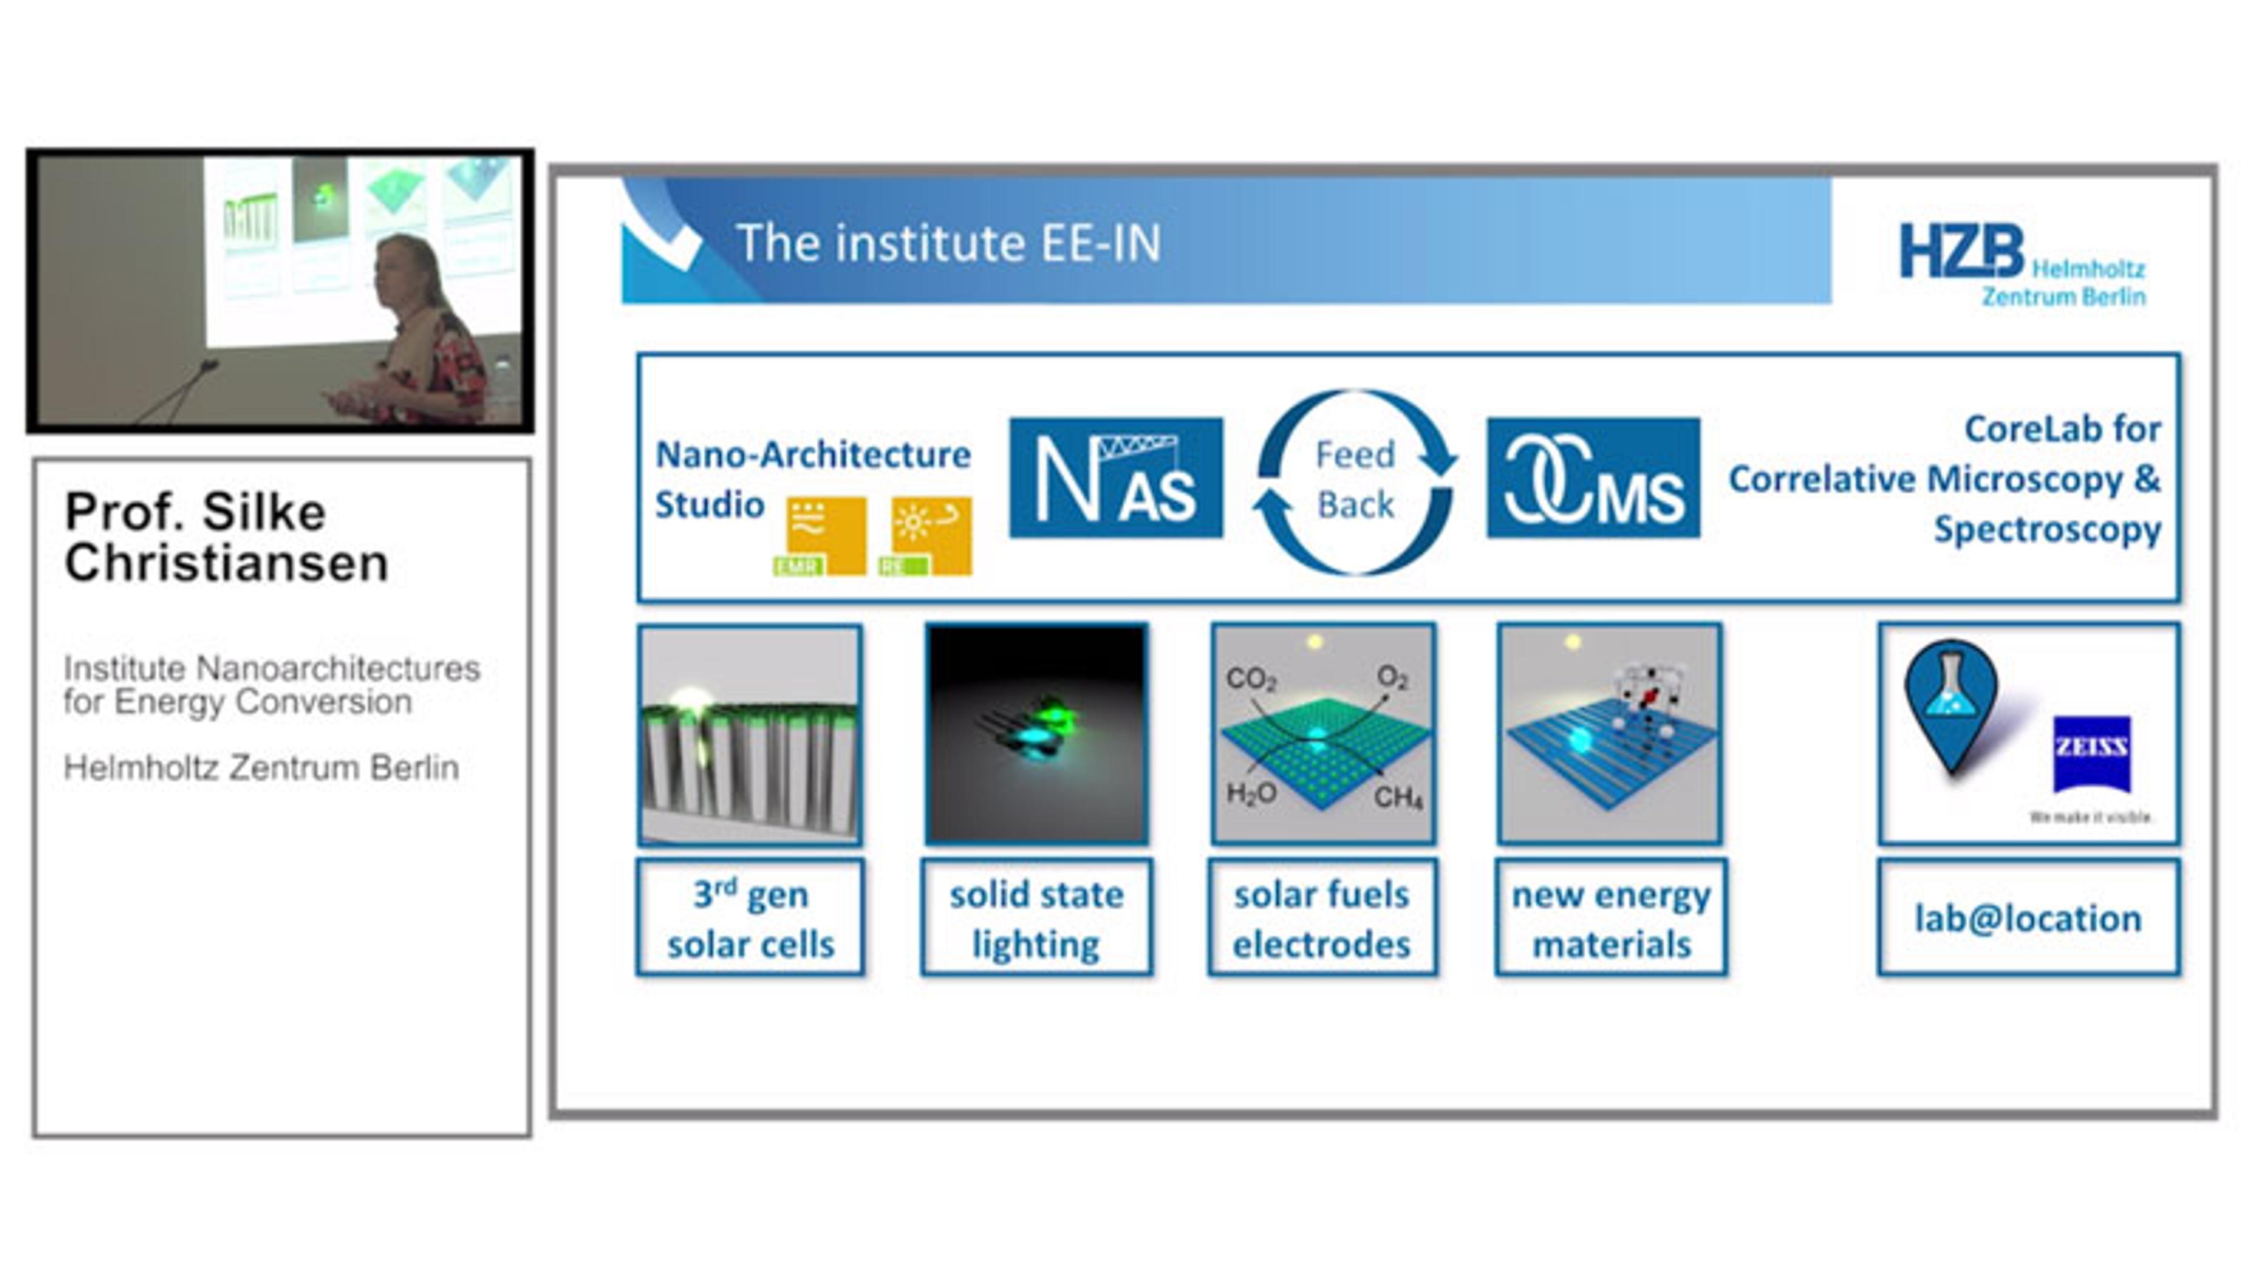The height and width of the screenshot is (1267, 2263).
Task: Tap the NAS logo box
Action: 1116,477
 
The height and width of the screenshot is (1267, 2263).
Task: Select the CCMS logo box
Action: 1593,477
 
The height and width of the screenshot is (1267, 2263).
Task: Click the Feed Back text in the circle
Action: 1355,480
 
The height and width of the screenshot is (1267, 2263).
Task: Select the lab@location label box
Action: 2028,918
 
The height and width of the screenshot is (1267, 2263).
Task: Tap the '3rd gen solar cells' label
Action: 750,918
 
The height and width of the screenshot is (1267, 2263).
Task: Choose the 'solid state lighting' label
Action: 1037,918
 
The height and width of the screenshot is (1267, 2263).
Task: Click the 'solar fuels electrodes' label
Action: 1322,918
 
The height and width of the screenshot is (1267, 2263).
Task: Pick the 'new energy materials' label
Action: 1611,918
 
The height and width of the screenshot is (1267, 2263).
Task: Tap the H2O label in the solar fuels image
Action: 1251,793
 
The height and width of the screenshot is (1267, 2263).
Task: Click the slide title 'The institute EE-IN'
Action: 949,243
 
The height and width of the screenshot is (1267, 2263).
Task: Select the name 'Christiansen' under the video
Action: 227,563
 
